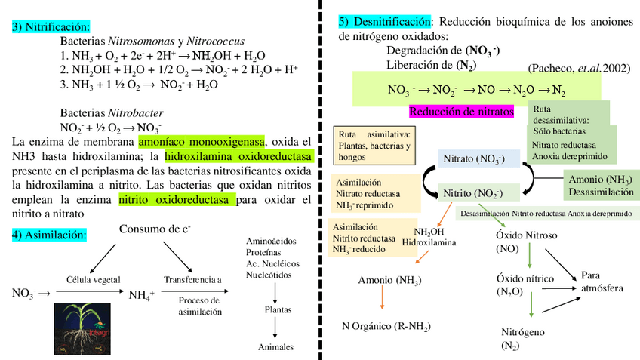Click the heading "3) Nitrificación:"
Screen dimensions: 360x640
point(50,27)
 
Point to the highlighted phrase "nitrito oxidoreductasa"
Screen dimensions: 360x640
point(177,200)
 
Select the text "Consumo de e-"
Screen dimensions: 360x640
point(155,229)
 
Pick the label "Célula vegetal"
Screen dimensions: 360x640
point(94,279)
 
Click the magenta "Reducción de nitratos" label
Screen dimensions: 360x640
point(461,112)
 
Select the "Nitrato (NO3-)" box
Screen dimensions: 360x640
point(474,159)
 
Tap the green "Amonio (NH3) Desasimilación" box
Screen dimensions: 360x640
point(602,186)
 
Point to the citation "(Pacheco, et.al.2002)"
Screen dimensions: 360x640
point(577,68)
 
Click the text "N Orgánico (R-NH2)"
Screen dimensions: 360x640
point(386,327)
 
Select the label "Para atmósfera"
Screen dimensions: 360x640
point(601,282)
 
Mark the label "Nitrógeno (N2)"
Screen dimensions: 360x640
point(523,339)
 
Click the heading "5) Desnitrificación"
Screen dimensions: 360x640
point(385,21)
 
